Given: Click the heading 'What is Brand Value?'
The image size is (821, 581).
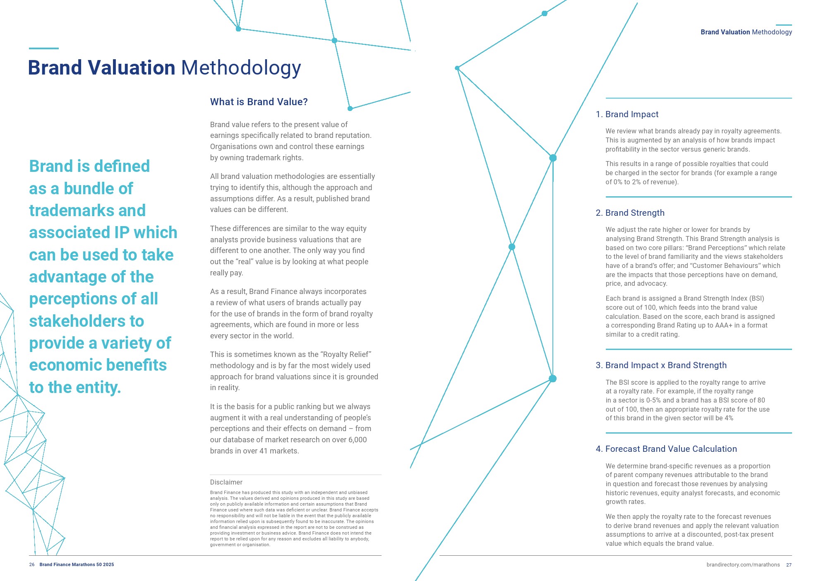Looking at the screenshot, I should tap(259, 102).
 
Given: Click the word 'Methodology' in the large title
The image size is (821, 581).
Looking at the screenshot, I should tap(241, 68).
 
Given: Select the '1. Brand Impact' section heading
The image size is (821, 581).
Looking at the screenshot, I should tap(627, 114).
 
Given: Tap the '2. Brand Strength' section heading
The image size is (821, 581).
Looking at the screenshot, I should tap(630, 213).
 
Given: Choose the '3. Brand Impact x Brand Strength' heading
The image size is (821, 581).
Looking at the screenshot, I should tap(661, 365).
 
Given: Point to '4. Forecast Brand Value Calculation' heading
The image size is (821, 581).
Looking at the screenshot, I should tap(666, 449).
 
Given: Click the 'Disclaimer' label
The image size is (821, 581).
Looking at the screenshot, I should tap(226, 482).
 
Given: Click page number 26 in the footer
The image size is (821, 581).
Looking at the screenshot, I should tap(32, 564).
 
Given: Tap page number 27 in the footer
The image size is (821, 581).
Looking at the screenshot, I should tap(789, 565).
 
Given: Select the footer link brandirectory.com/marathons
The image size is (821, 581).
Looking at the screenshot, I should tap(743, 565).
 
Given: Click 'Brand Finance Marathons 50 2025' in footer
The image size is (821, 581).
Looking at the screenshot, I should tap(77, 564).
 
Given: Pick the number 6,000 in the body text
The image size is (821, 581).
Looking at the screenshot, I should tap(357, 440).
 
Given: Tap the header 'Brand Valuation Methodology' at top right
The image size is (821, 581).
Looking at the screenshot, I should tap(746, 32).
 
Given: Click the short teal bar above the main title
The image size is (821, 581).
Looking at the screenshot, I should tap(43, 48).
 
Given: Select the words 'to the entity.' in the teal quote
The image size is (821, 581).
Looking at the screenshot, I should tap(75, 388).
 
